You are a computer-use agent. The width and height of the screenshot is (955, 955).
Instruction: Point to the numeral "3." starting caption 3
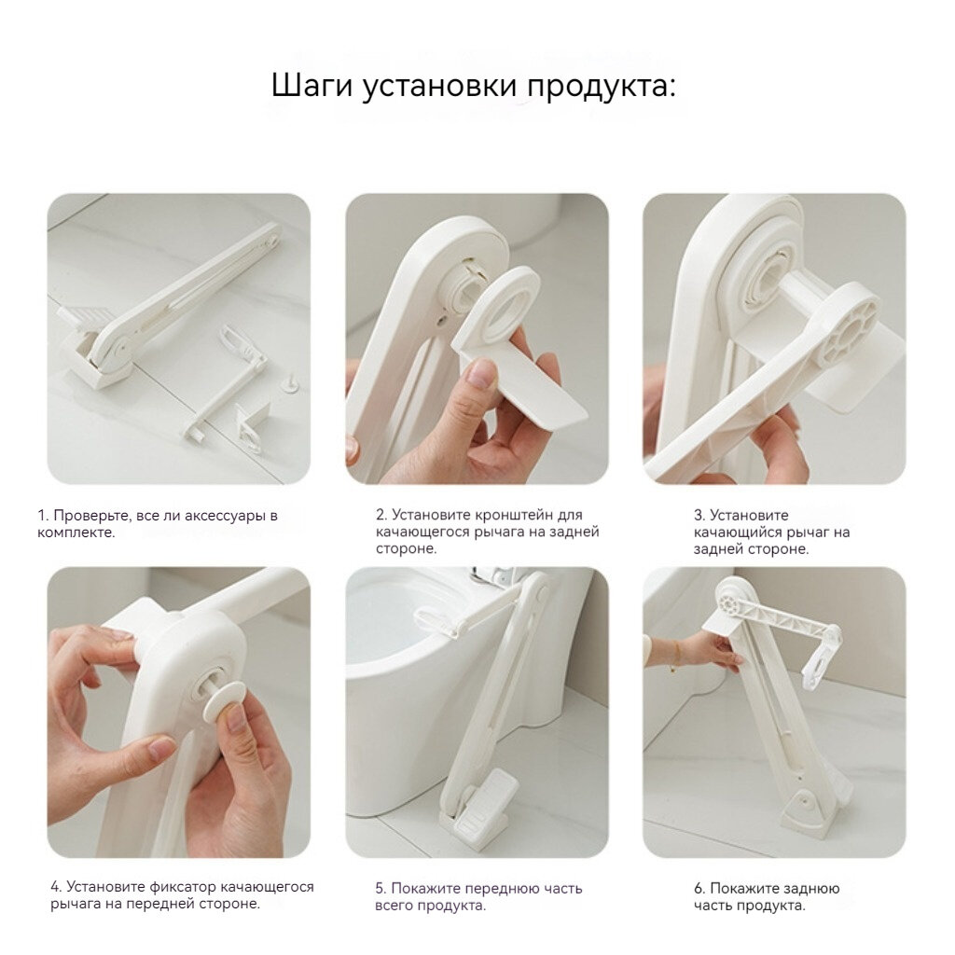coord(699,515)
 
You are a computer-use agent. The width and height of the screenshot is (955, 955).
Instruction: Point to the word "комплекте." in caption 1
coord(76,533)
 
